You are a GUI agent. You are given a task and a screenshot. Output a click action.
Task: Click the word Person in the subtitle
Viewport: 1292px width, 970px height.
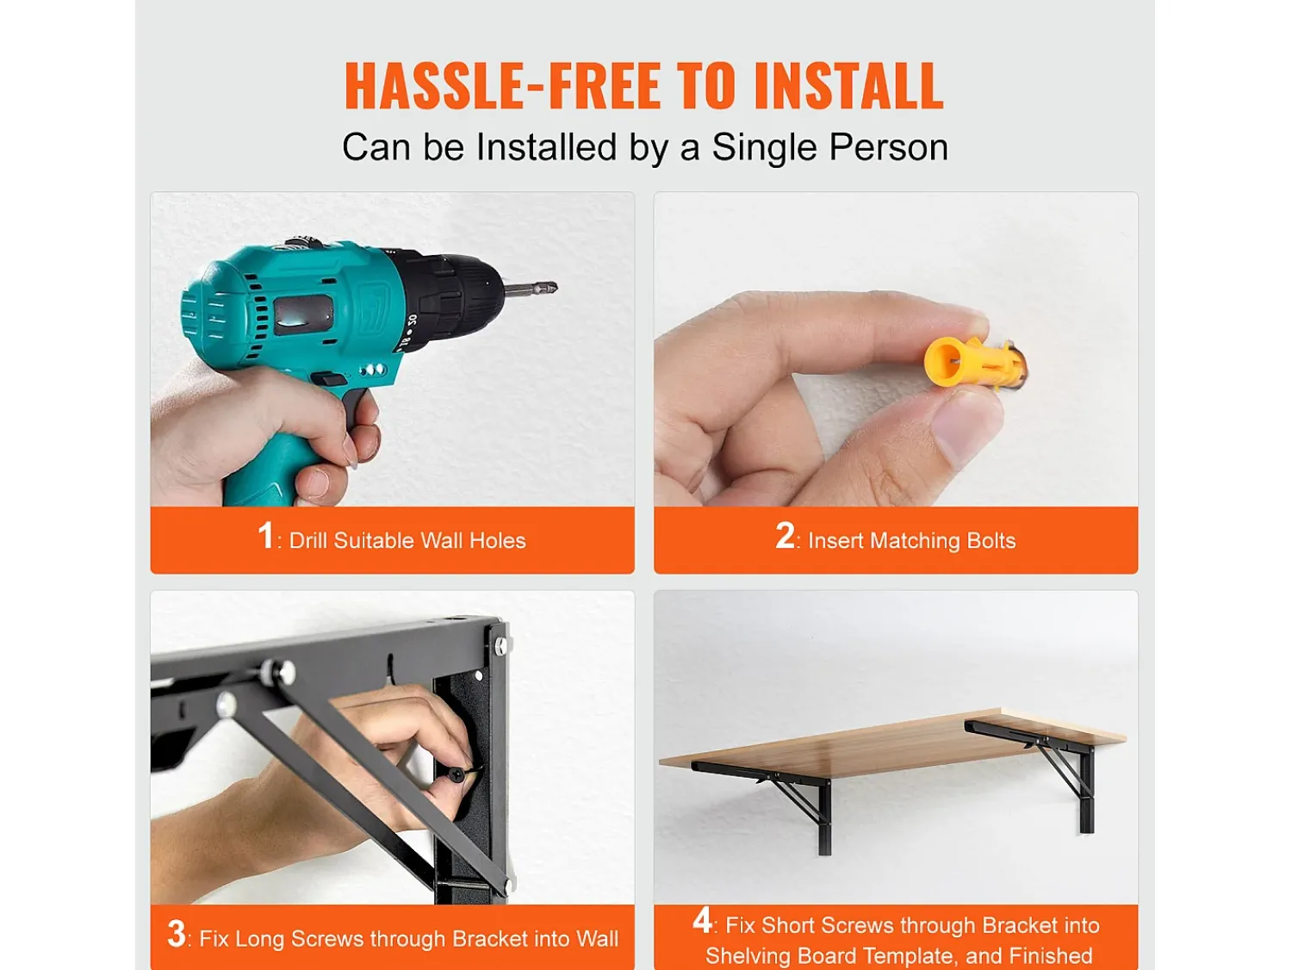tap(889, 147)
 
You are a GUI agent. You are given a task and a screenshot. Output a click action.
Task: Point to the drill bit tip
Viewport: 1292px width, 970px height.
tap(554, 287)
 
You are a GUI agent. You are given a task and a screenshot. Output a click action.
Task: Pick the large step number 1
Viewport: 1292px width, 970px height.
tap(265, 536)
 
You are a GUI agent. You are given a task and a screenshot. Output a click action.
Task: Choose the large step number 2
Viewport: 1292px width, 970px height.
tap(784, 536)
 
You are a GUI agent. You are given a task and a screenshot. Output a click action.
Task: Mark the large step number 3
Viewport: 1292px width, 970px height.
tap(176, 934)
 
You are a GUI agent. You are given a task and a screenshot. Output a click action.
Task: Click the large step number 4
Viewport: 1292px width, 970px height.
tap(702, 920)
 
